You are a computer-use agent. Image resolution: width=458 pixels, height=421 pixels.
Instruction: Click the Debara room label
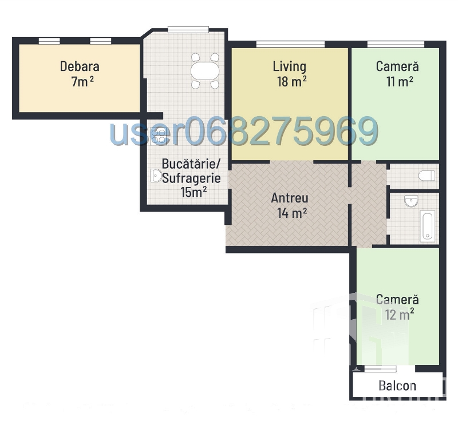(x=80, y=66)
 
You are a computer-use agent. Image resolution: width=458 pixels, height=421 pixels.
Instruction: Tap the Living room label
(x=290, y=66)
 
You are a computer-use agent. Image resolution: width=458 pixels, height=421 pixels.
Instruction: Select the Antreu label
(x=290, y=198)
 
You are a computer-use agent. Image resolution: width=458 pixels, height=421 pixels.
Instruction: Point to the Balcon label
(x=397, y=386)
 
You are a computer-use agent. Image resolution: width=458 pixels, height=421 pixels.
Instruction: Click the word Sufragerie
(x=191, y=178)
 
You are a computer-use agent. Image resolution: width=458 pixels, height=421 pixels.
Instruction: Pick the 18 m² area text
(x=292, y=81)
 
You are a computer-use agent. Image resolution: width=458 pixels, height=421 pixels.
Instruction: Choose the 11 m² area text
(x=400, y=81)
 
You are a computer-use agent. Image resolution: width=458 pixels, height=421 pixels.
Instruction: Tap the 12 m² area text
(x=399, y=315)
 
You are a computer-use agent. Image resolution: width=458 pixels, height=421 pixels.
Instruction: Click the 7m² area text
(x=82, y=81)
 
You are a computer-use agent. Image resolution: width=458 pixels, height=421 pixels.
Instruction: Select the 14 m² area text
(x=292, y=213)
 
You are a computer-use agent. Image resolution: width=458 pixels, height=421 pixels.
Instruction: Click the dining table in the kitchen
(x=205, y=70)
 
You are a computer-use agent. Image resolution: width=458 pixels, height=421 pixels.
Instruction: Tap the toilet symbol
(x=427, y=176)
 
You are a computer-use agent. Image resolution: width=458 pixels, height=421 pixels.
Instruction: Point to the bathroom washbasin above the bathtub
(x=411, y=201)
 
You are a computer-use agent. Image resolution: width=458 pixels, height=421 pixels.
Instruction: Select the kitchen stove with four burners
(x=159, y=137)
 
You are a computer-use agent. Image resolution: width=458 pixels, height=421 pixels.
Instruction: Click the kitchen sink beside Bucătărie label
(x=156, y=176)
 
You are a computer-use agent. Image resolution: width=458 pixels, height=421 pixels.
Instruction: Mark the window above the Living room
(x=290, y=45)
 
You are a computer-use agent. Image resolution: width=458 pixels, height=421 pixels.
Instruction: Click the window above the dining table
(x=188, y=30)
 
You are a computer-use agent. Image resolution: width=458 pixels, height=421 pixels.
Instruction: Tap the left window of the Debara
(x=49, y=41)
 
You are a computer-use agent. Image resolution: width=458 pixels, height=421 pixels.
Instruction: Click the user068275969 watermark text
(x=244, y=131)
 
